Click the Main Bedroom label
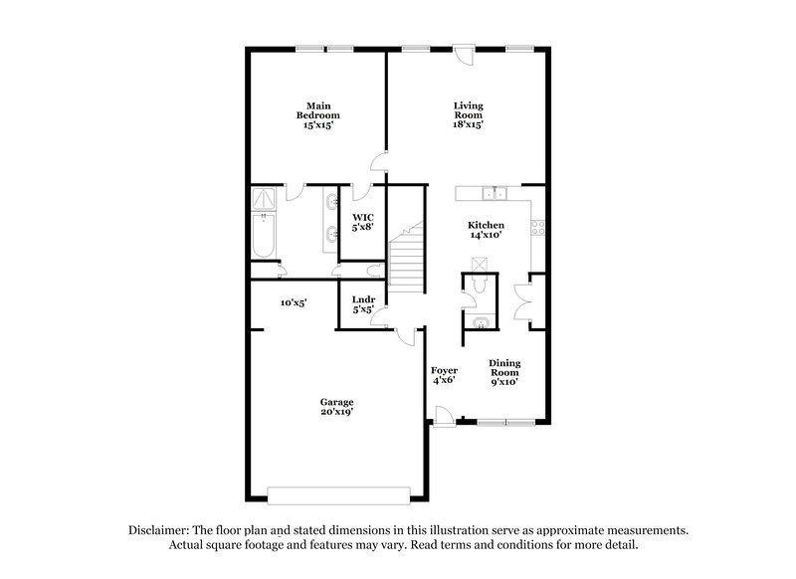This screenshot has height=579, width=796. coord(317,115)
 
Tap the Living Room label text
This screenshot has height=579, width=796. coord(468,115)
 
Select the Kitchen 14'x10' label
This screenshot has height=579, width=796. coord(487,231)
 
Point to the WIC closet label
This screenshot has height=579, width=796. coord(362,221)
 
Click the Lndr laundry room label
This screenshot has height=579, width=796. coord(362,303)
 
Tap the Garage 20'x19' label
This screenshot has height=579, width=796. coord(336,407)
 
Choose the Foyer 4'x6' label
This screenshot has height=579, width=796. coord(443,374)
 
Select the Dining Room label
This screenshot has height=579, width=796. coord(502,371)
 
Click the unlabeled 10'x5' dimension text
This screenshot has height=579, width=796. coord(293,302)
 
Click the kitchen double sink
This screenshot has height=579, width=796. coord(495,193)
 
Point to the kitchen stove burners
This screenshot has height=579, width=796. coord(538,226)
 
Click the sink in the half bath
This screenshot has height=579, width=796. coord(481,321)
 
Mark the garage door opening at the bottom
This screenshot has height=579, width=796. coord(338,494)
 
